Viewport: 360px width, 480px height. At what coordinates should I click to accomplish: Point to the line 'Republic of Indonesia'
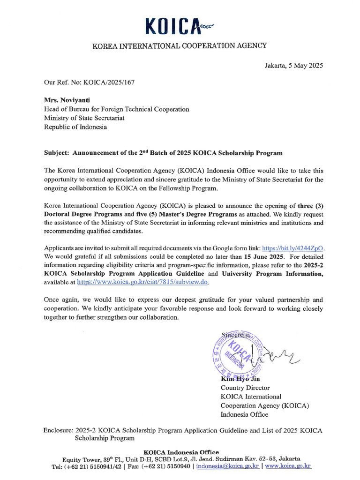click(x=75, y=127)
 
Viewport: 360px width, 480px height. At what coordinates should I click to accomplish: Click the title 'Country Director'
click(x=245, y=388)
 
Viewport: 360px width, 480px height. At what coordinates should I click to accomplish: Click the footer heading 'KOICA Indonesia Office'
click(x=181, y=452)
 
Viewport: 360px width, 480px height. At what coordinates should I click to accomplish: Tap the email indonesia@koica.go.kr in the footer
click(x=228, y=466)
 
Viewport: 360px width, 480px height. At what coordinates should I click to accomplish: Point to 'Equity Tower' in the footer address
click(x=82, y=459)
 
